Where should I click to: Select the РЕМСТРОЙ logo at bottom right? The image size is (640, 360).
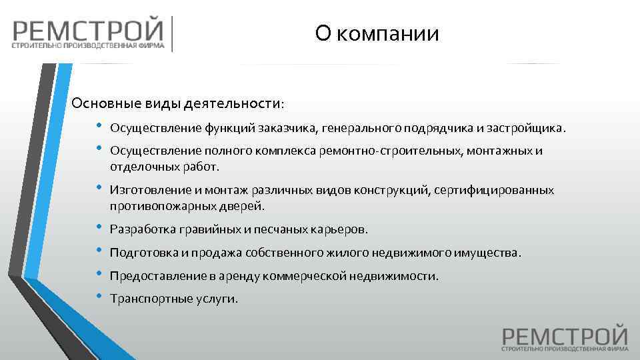point(565,337)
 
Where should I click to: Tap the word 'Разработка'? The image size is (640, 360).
point(141,230)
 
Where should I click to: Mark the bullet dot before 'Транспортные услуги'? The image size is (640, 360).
point(99,296)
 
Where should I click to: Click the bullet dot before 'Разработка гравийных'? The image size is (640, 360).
point(99,227)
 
